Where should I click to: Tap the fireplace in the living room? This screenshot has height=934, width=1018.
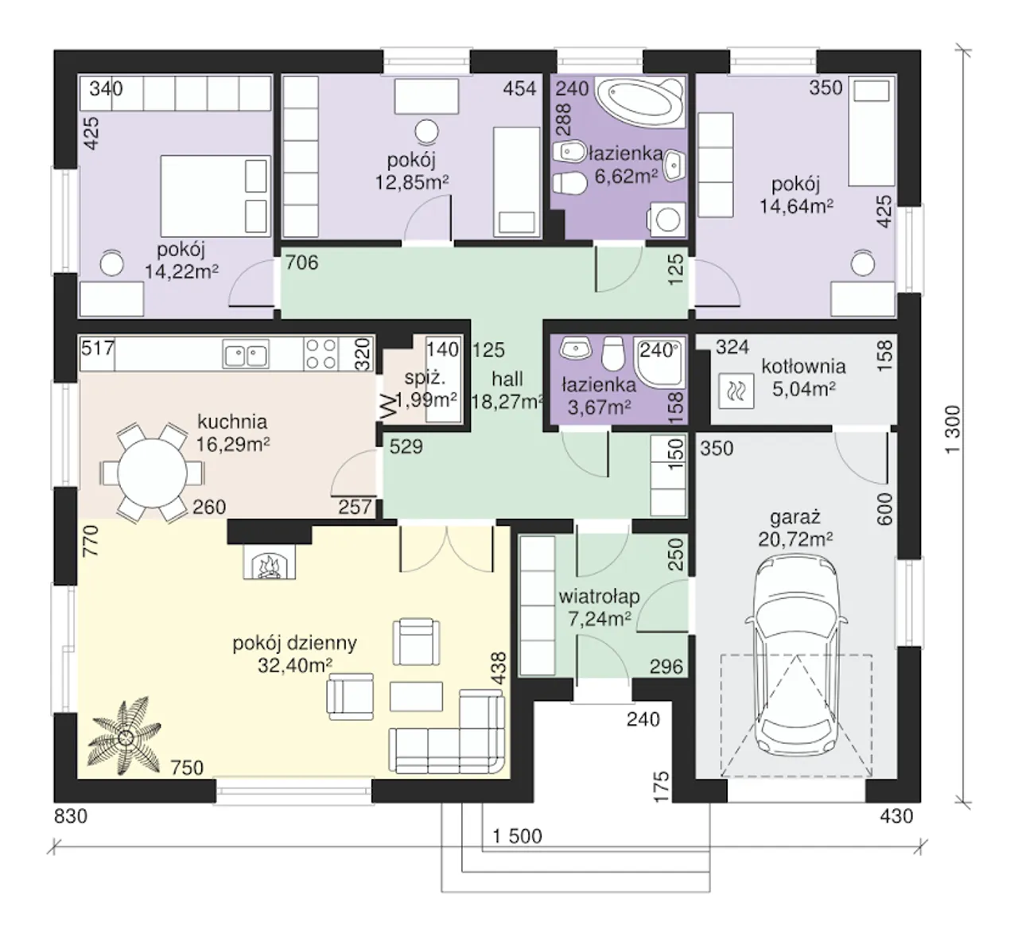tap(269, 562)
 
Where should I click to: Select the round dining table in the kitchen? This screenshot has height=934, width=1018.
tap(152, 473)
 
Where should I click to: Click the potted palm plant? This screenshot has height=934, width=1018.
tap(125, 736)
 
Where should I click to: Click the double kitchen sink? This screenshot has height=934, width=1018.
tap(246, 353)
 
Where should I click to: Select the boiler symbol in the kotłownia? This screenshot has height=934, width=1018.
tap(736, 391)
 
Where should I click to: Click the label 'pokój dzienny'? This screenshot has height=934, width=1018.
tap(295, 643)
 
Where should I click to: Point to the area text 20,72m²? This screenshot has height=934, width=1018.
tap(795, 539)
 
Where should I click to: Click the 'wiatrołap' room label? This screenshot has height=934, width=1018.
tap(600, 596)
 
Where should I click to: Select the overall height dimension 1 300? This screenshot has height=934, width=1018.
tap(954, 430)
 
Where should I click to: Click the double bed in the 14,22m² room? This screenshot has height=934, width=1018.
tap(216, 196)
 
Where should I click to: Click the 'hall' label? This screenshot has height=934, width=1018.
tap(507, 379)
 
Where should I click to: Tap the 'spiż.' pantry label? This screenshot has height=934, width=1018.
tap(425, 378)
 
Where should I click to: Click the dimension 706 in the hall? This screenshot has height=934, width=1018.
tap(302, 263)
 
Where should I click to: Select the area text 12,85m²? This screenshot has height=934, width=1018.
tap(411, 182)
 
